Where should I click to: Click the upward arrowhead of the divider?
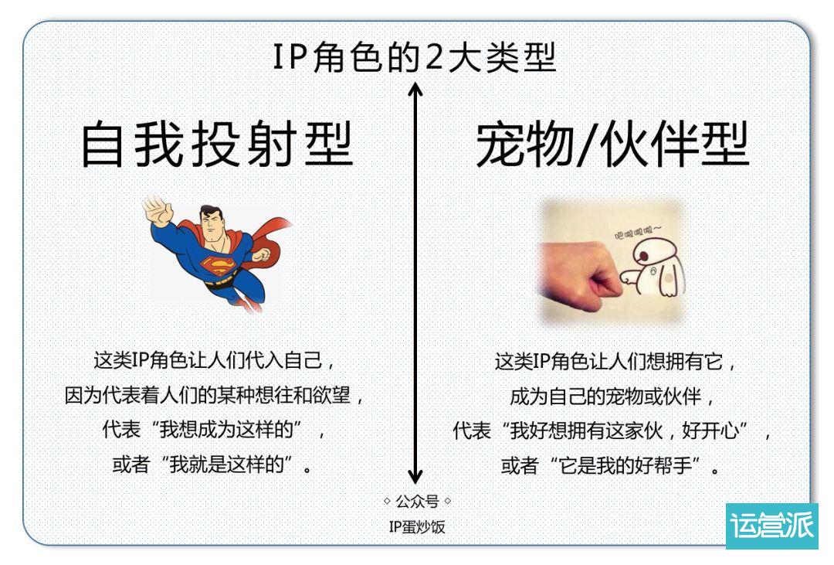(415, 91)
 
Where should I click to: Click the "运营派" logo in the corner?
(771, 527)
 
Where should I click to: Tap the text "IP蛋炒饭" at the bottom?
(416, 527)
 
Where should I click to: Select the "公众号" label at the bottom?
(417, 502)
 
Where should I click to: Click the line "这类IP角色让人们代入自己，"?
(218, 362)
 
